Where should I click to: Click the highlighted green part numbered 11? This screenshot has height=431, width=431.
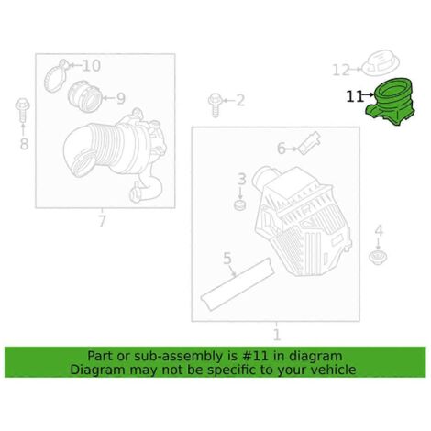pos(391,103)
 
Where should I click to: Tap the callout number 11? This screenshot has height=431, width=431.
pos(355,96)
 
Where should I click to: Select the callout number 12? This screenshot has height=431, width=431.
pos(341,70)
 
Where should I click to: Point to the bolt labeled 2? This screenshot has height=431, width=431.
pos(215,105)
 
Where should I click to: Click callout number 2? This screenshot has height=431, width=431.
pos(240,101)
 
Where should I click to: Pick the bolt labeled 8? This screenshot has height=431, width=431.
pos(23,111)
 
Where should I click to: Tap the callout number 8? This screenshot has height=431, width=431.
pos(24,144)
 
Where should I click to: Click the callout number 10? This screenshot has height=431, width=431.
pos(92,66)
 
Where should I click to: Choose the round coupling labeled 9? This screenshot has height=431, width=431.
pos(84,96)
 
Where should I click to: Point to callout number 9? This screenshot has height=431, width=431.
pos(121,98)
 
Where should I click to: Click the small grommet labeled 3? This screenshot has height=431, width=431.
pos(240,205)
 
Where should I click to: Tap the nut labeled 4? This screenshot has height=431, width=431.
pos(378,257)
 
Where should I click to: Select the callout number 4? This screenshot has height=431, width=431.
pos(379,230)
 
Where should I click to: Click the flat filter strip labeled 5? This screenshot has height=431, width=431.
pos(238,284)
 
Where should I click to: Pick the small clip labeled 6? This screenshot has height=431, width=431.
pos(309,143)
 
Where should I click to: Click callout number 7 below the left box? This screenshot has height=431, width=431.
pos(102,221)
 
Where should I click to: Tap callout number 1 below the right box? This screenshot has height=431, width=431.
pos(276,335)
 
